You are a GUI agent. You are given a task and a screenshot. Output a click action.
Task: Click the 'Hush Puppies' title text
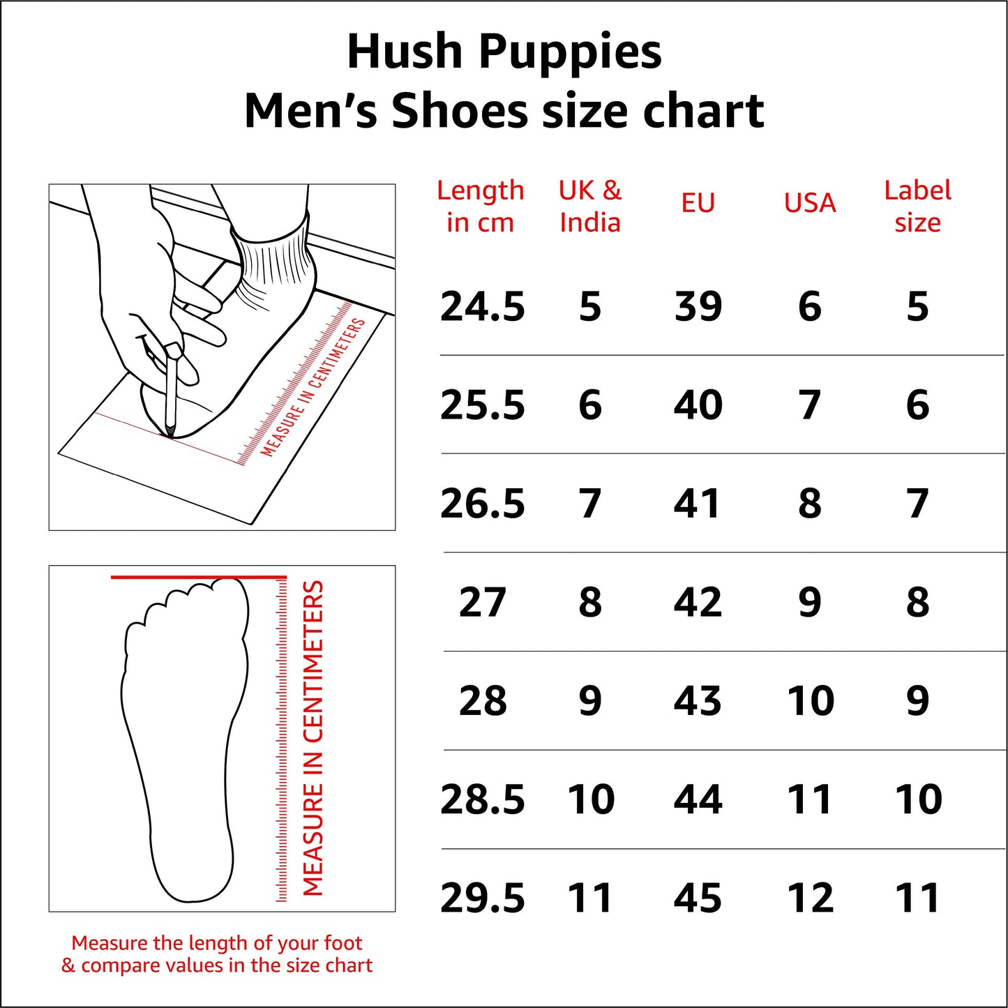[504, 53]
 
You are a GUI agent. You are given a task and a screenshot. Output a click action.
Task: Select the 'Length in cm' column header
[480, 206]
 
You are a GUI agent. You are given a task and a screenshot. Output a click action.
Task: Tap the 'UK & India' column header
[589, 206]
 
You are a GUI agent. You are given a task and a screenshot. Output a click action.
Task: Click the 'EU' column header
[698, 204]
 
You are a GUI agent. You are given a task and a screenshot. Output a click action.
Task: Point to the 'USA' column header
[809, 204]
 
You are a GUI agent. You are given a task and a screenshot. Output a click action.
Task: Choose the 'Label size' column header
[917, 206]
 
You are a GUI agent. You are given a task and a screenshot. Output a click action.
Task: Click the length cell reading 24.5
[482, 307]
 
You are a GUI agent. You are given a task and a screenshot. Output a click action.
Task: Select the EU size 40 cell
[698, 405]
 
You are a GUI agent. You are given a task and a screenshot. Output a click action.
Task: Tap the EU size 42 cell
[698, 603]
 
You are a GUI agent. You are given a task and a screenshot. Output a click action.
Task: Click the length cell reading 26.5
[482, 504]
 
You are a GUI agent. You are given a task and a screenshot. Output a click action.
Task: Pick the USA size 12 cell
[810, 898]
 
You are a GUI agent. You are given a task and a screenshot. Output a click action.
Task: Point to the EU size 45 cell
[698, 898]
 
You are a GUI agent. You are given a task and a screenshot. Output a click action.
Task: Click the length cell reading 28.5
[482, 799]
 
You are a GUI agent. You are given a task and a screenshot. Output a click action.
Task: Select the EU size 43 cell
[698, 701]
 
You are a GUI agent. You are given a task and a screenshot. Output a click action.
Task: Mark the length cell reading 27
[482, 603]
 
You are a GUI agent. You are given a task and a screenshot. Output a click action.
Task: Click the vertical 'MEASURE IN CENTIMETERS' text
[313, 738]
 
